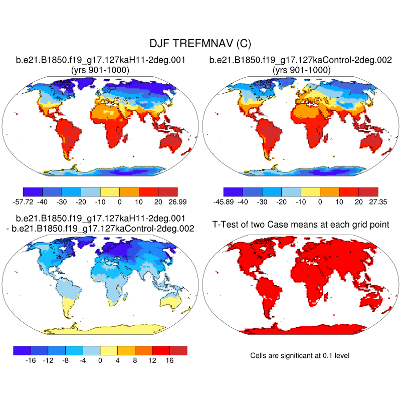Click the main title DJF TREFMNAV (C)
click(200, 44)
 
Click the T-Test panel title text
click(301, 224)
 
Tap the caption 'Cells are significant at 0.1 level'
click(300, 355)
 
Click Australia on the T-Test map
click(373, 301)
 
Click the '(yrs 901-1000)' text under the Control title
click(301, 70)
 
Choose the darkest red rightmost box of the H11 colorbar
click(168, 191)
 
